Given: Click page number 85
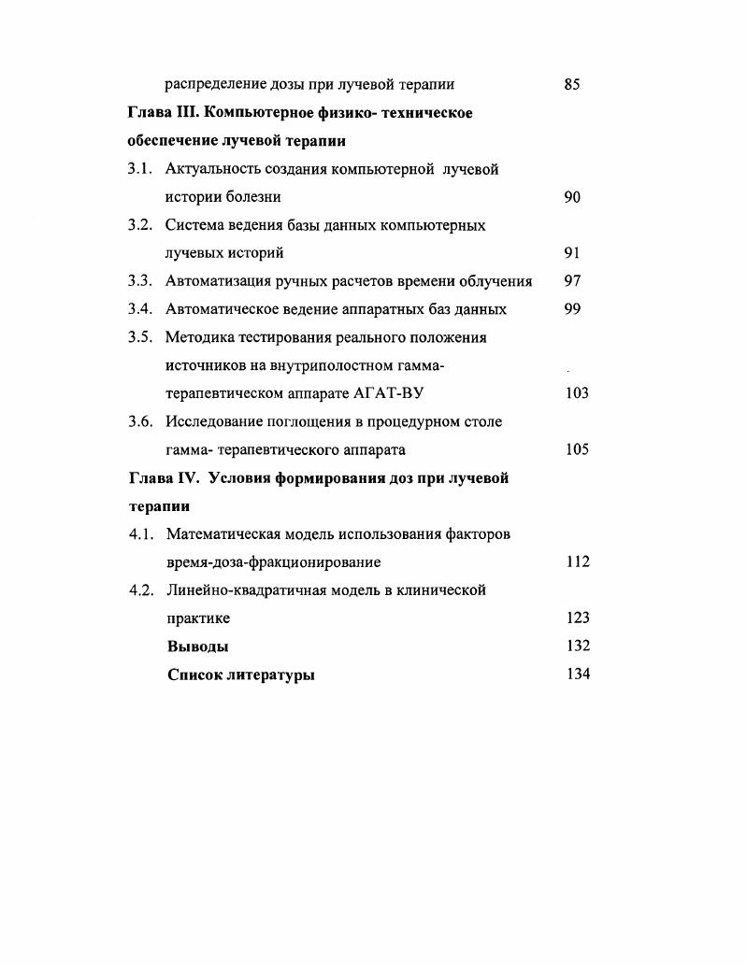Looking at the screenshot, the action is point(573,85).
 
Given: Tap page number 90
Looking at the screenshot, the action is point(573,197).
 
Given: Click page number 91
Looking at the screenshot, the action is point(573,253).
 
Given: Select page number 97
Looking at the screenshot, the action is point(573,281).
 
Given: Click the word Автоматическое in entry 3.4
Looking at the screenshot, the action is point(221,309).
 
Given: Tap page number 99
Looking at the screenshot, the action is point(573,309).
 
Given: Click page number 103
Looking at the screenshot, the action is point(577,393).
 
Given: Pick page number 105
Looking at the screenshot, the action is point(577,449).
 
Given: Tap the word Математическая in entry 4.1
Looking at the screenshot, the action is point(221,534).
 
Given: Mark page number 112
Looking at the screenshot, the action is point(577,562).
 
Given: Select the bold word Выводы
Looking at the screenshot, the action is point(197,646).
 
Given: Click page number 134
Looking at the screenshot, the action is point(578,675).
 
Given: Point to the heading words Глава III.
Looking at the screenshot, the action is point(161,113).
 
